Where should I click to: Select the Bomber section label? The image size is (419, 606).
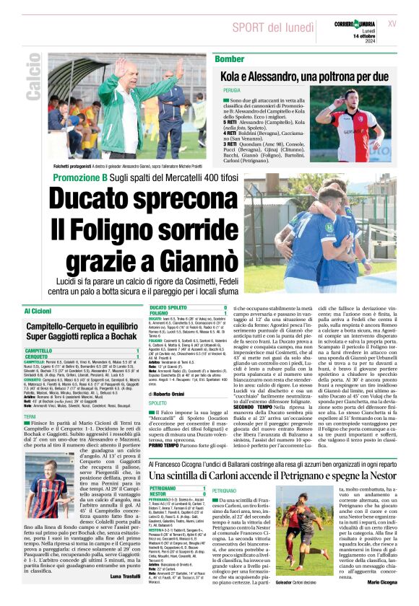230,58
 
